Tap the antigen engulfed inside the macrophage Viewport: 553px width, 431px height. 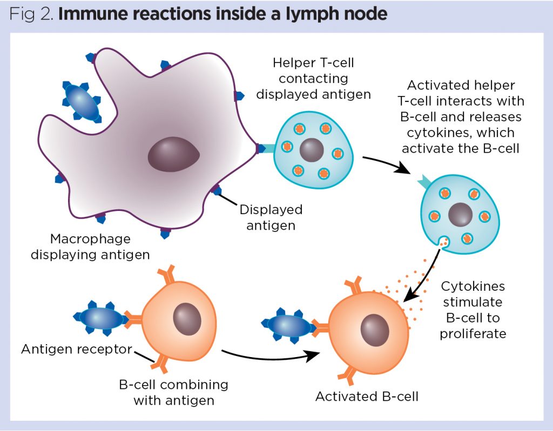coord(82,101)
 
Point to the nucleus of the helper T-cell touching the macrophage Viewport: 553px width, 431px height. coord(312,149)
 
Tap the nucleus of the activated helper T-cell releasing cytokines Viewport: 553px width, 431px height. coord(460,215)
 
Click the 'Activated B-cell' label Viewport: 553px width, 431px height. coord(367,396)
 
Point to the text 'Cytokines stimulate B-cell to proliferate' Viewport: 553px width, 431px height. coord(473,310)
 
